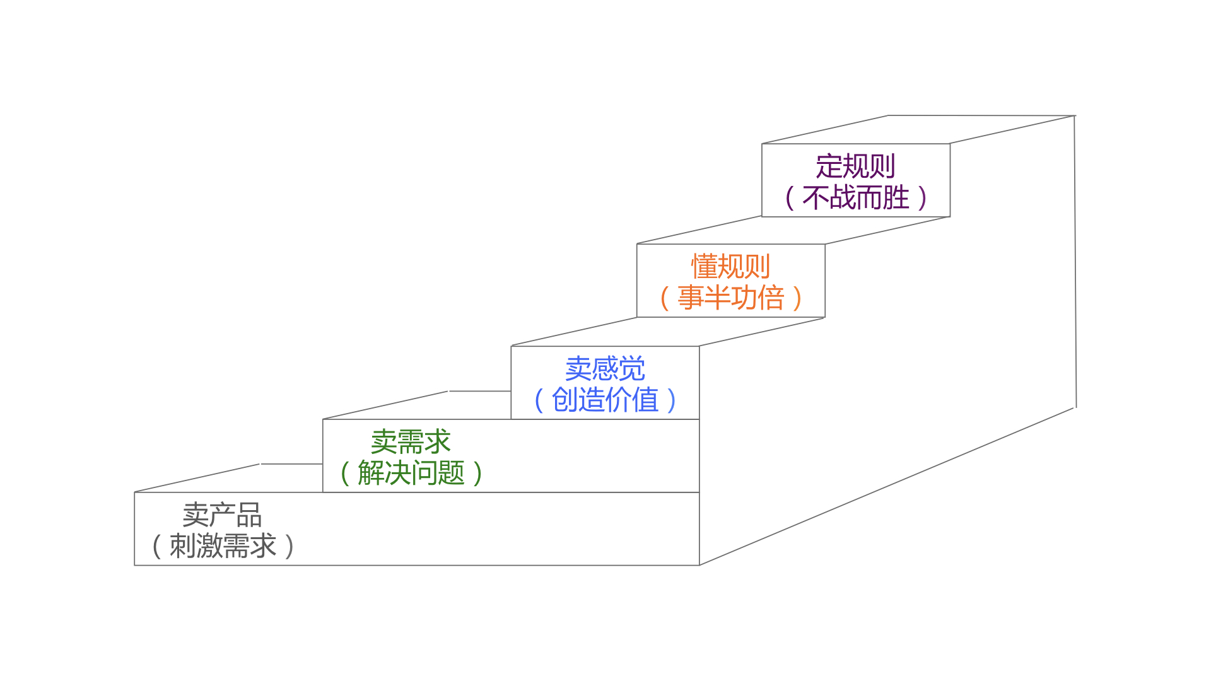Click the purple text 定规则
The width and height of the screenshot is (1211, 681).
pyautogui.click(x=855, y=166)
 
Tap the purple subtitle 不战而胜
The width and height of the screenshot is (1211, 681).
pyautogui.click(x=855, y=198)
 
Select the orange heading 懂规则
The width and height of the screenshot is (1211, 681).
pyautogui.click(x=730, y=267)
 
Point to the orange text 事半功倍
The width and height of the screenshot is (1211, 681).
pyautogui.click(x=730, y=298)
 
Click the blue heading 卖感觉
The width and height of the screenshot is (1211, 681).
pyautogui.click(x=605, y=369)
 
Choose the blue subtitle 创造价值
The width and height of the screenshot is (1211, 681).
pyautogui.click(x=605, y=400)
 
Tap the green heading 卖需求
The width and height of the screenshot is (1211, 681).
pyautogui.click(x=411, y=442)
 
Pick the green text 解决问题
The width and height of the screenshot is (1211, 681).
pyautogui.click(x=411, y=473)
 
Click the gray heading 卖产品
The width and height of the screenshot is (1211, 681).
pyautogui.click(x=222, y=515)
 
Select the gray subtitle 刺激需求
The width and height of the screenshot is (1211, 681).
pyautogui.click(x=223, y=546)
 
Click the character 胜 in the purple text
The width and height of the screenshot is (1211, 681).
pyautogui.click(x=896, y=198)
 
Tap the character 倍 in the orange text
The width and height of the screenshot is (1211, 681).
pyautogui.click(x=771, y=298)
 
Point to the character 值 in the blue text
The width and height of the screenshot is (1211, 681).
pyautogui.click(x=645, y=400)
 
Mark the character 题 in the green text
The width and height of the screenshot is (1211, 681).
pyautogui.click(x=451, y=473)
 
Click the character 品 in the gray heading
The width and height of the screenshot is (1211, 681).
pyautogui.click(x=249, y=515)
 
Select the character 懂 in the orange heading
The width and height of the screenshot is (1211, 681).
pyautogui.click(x=704, y=267)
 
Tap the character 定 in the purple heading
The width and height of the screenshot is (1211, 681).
pyautogui.click(x=829, y=166)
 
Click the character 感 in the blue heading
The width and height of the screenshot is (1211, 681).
pyautogui.click(x=605, y=369)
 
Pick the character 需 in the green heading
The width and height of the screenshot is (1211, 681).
pyautogui.click(x=411, y=442)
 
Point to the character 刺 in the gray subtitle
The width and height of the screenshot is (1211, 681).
pyautogui.click(x=182, y=546)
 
